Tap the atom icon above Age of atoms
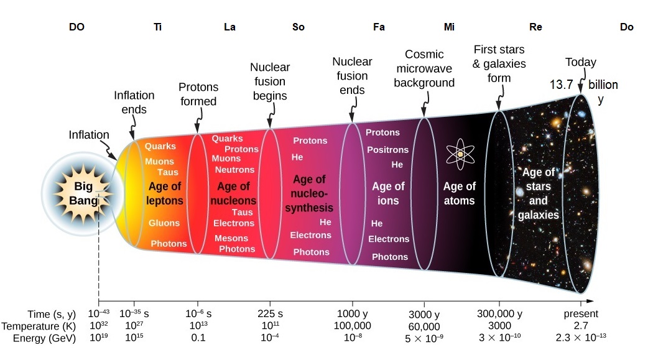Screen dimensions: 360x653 (460, 154)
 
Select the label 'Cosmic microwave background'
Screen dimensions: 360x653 (424, 68)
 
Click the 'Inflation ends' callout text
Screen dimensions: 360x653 (134, 102)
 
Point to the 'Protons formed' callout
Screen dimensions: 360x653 (198, 94)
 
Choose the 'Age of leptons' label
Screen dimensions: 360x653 (165, 193)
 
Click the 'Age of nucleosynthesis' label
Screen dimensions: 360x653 (309, 193)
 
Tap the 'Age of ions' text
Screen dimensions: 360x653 (388, 193)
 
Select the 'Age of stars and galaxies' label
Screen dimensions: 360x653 (539, 193)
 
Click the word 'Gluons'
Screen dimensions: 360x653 (164, 223)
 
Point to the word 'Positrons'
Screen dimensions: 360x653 (387, 150)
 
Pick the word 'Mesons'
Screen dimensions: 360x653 (231, 238)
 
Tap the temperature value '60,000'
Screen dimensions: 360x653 (424, 326)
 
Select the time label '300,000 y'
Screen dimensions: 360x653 (499, 313)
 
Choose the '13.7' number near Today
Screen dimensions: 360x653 (561, 85)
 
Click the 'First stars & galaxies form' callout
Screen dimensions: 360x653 (499, 63)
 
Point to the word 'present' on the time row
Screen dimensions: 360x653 (580, 313)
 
